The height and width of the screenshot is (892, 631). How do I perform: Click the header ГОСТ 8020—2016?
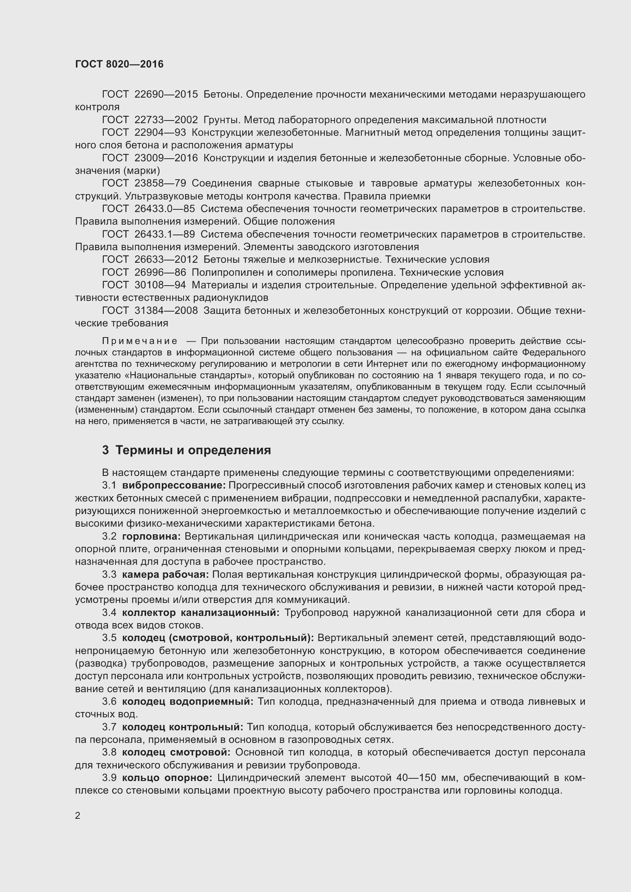119,64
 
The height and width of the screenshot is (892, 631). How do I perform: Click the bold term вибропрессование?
174,485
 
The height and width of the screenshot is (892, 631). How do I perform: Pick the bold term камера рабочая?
166,575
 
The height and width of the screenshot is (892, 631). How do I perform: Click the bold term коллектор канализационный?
201,613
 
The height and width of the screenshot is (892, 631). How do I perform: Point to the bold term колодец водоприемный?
188,702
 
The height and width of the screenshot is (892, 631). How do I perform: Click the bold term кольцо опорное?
167,778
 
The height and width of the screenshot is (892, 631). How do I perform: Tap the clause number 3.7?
109,727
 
